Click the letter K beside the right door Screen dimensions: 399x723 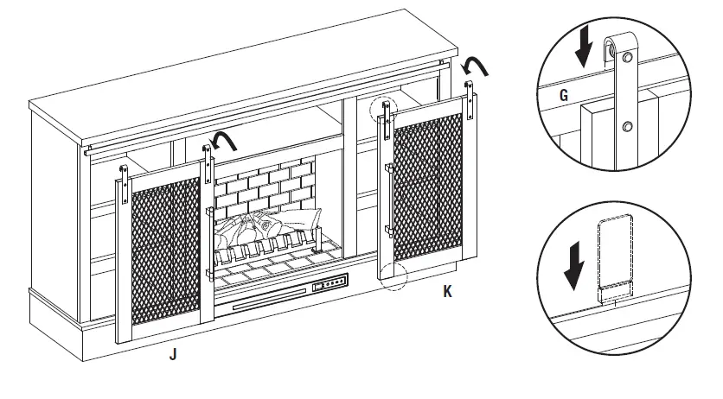coord(447,292)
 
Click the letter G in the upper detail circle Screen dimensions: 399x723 coord(564,95)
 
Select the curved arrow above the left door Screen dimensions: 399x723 coord(227,139)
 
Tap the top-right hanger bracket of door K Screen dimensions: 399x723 coord(470,98)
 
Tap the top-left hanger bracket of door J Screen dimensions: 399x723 coord(124,178)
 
